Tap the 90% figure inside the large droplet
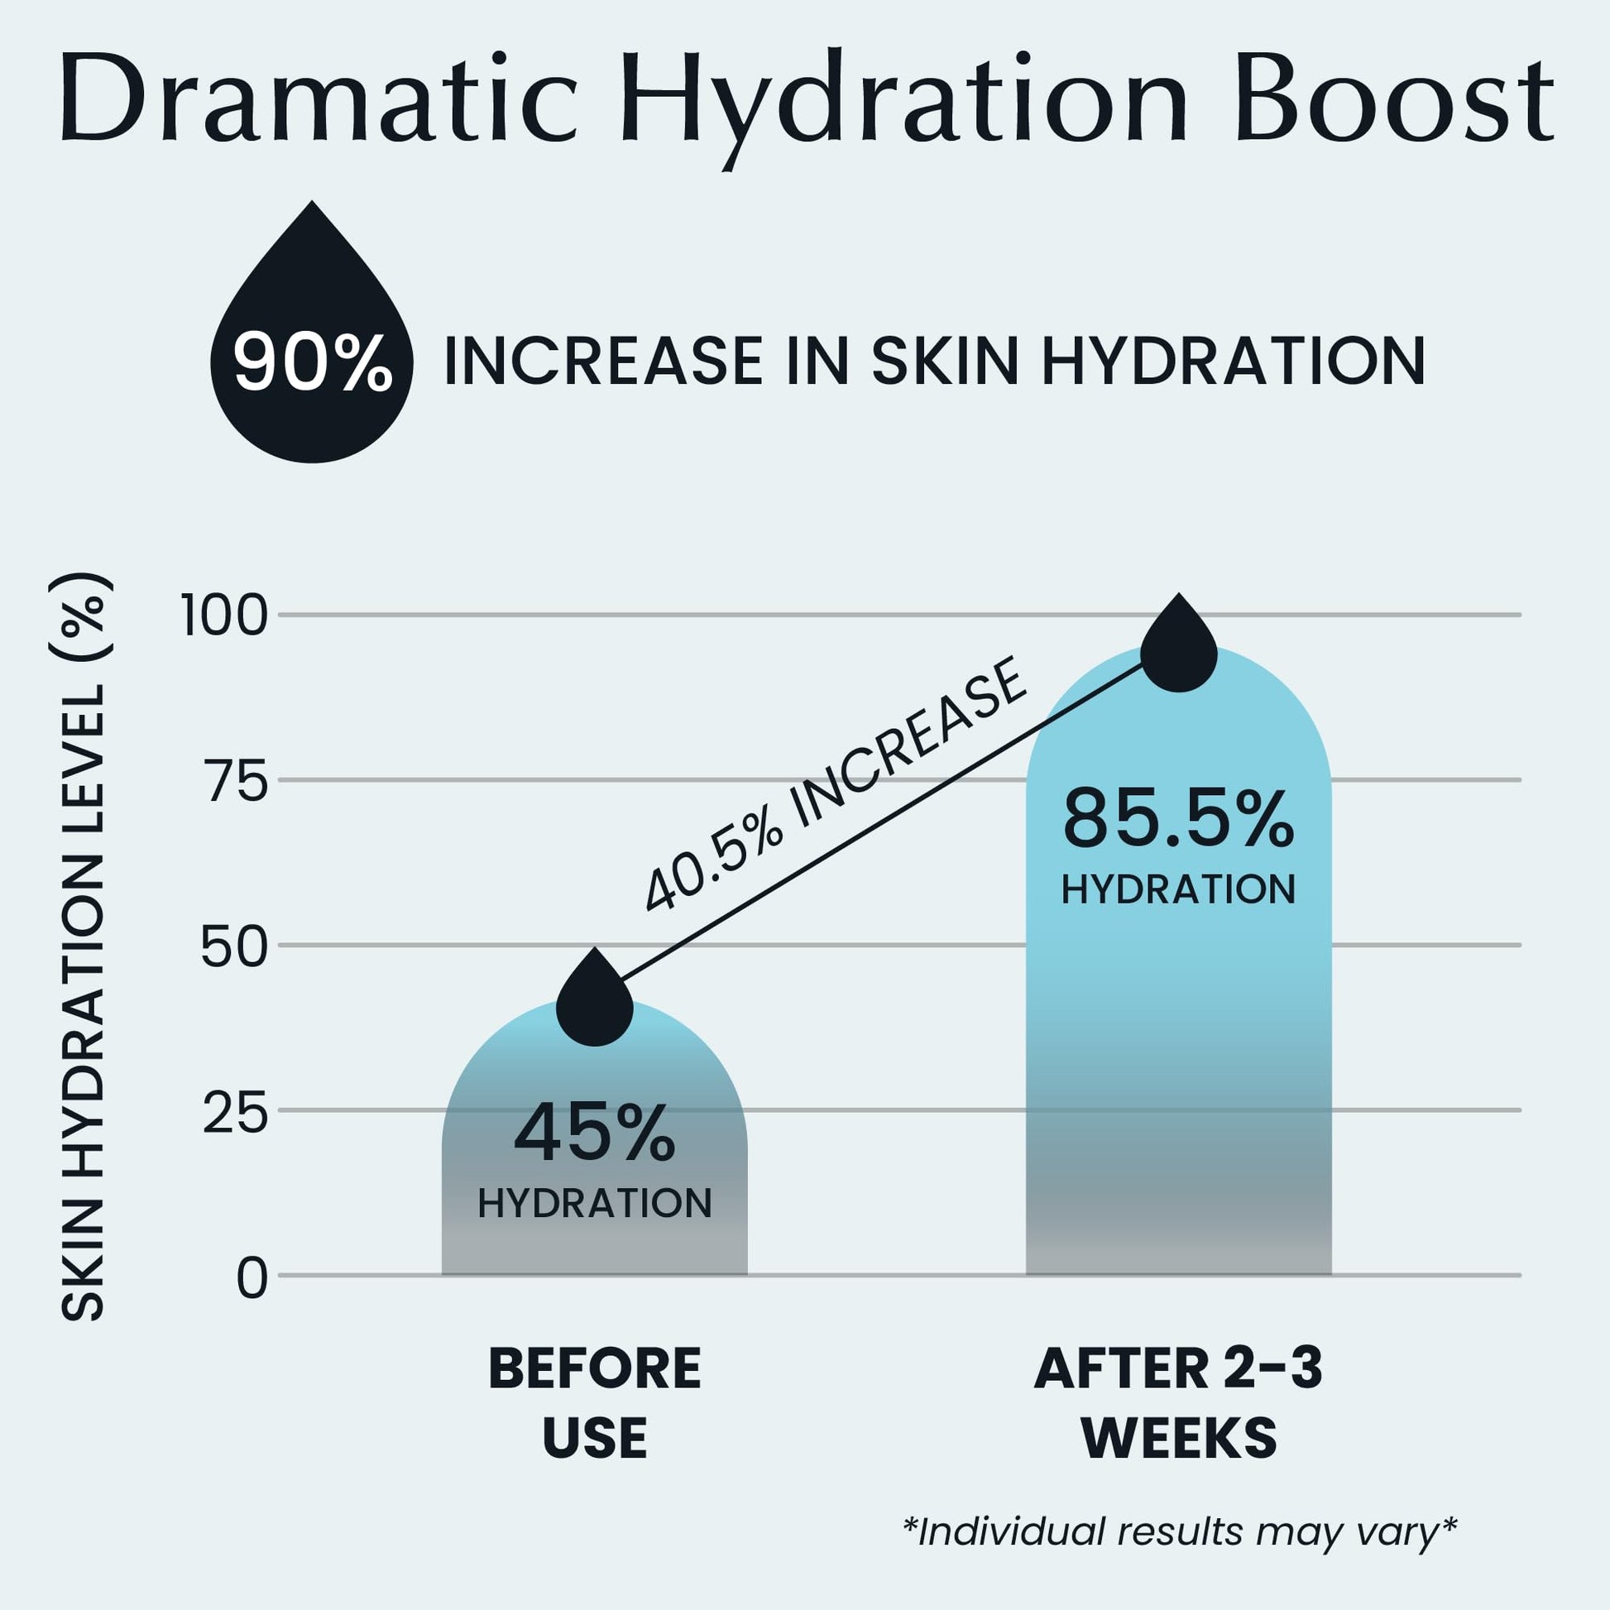[313, 362]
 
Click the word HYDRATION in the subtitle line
[1234, 362]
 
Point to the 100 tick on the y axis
[224, 617]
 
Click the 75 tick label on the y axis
[237, 783]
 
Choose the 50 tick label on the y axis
[235, 947]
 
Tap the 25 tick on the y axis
[235, 1113]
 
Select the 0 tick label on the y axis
[252, 1278]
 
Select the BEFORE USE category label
[594, 1404]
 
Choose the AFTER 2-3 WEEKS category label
[1178, 1404]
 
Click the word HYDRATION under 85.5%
[1178, 890]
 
